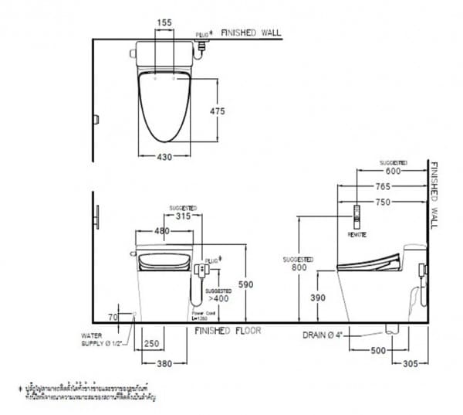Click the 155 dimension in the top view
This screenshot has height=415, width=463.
tap(164, 24)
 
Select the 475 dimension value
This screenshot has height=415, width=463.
tap(217, 111)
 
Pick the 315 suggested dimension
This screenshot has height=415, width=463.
tap(183, 216)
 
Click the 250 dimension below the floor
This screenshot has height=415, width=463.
tap(151, 343)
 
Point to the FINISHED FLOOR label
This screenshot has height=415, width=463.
tap(228, 330)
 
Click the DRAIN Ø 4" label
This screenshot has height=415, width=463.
tap(324, 335)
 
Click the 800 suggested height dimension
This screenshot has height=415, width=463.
tap(296, 267)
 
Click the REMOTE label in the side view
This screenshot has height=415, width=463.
tap(357, 232)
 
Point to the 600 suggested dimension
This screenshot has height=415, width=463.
tap(393, 172)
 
